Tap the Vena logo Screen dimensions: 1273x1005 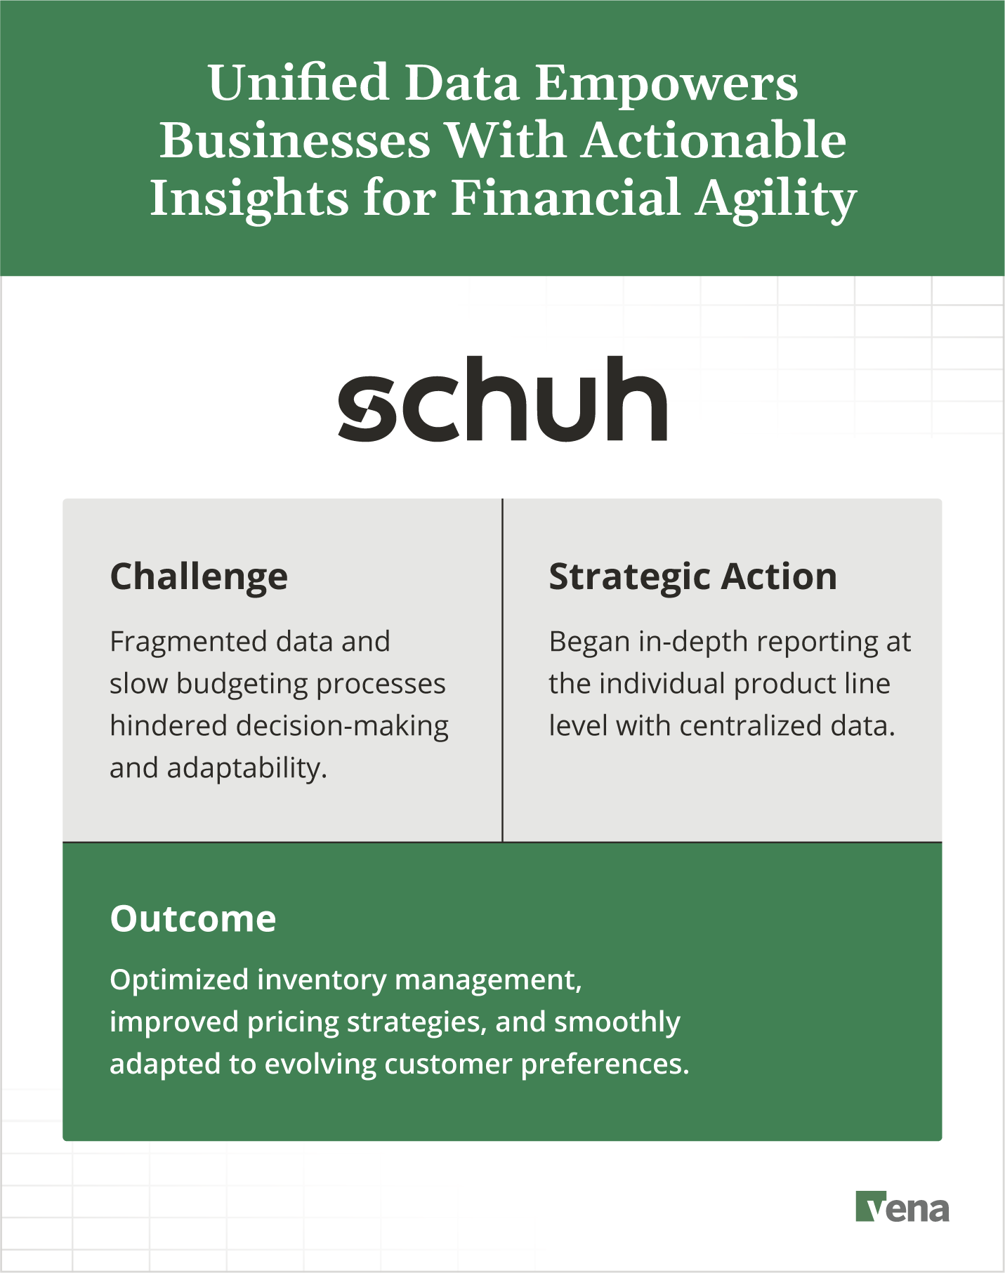point(902,1207)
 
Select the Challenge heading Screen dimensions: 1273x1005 point(199,577)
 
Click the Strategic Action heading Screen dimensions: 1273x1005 point(692,577)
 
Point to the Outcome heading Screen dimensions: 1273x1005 point(193,919)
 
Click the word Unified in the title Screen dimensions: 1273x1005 point(298,84)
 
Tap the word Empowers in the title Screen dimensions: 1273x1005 point(666,84)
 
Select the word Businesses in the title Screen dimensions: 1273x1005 point(294,140)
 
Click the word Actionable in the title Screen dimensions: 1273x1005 point(714,140)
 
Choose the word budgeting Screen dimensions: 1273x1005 point(242,685)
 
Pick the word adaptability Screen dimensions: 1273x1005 point(247,769)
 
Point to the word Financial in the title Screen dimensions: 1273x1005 point(565,199)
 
